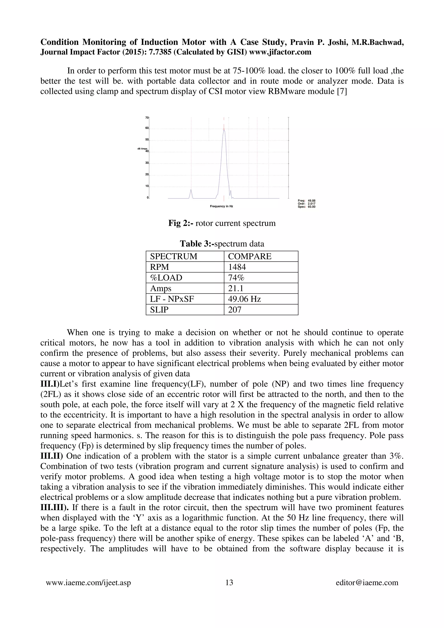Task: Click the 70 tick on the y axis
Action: [x=147, y=118]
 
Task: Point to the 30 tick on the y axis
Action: [x=147, y=163]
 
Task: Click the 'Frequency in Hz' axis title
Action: [x=221, y=206]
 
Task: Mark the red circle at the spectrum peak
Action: [x=224, y=129]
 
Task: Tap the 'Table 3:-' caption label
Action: [x=197, y=244]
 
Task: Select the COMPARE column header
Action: [x=250, y=256]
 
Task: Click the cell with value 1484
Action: [x=237, y=267]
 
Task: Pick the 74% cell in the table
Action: [x=236, y=278]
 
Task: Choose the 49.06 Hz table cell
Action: [x=244, y=299]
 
